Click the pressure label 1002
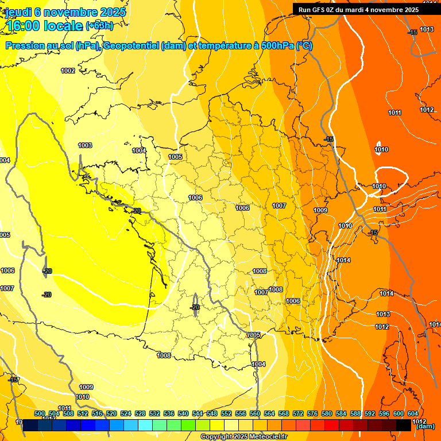[68, 71]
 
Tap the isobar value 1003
[85, 145]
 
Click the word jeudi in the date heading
[19, 12]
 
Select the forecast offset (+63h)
[99, 26]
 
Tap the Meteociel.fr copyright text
[243, 437]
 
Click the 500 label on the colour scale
[40, 413]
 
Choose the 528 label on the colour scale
[140, 413]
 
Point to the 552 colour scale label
[226, 413]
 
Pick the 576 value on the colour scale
[312, 413]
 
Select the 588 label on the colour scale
[355, 413]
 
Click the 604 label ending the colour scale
[413, 413]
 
